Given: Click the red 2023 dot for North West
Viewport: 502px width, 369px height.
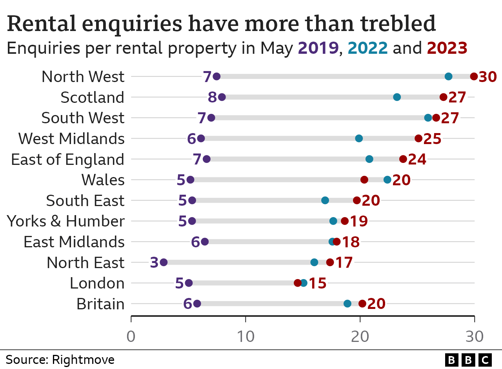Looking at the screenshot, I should click(x=474, y=77).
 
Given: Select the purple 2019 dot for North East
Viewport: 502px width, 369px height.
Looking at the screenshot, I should click(x=164, y=262).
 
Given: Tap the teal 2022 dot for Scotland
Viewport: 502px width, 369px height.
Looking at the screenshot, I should click(x=397, y=97).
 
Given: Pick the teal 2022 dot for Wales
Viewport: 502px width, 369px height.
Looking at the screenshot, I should click(x=387, y=180).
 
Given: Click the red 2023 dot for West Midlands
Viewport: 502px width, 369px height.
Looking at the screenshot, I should click(x=418, y=138).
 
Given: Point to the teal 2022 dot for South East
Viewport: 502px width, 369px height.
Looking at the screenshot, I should click(x=325, y=200).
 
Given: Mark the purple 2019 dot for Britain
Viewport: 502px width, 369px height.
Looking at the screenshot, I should click(x=197, y=303).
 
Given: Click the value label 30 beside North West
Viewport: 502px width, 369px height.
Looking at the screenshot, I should click(x=488, y=77).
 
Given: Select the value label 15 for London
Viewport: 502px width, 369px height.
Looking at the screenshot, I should click(x=318, y=283).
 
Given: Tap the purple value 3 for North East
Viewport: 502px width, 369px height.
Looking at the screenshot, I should click(x=154, y=263).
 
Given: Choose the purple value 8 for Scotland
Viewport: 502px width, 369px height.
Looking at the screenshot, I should click(x=212, y=97).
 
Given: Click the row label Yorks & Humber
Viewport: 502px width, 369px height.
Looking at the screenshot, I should click(x=66, y=221).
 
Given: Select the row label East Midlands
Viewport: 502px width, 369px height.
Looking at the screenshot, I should click(x=74, y=242).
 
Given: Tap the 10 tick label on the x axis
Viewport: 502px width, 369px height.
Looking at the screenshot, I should click(x=246, y=336).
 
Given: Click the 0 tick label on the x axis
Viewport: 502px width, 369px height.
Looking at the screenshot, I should click(x=131, y=336).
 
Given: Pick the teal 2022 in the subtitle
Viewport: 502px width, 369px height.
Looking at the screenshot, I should click(x=367, y=48).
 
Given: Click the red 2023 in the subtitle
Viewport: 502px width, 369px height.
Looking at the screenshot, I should click(x=447, y=48).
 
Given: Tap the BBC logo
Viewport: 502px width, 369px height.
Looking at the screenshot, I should click(x=468, y=359).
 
